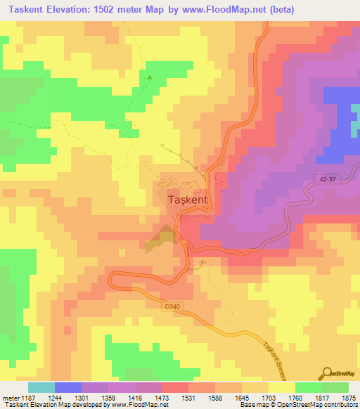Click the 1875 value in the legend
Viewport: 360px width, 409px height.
pos(349,398)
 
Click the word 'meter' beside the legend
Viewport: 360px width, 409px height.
pos(9,398)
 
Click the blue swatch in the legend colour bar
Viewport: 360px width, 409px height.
pos(68,387)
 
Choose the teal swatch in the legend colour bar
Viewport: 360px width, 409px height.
pos(41,387)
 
